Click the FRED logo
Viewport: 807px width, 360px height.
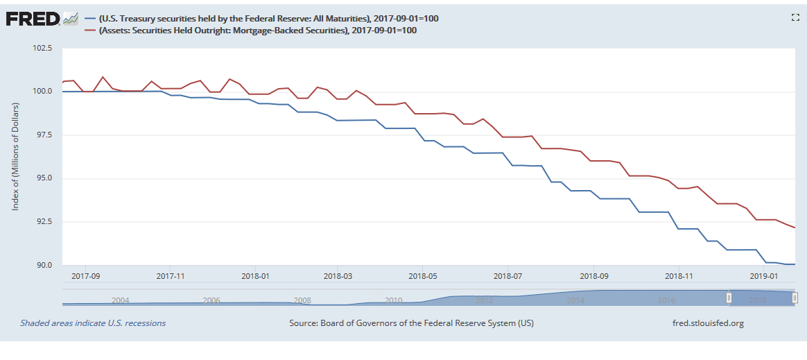click(x=33, y=19)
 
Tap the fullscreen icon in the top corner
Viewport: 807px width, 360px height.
click(x=795, y=17)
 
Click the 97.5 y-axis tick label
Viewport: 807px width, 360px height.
click(x=44, y=135)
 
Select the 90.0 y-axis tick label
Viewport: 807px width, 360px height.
click(x=44, y=265)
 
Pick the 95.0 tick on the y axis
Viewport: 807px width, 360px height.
click(x=44, y=178)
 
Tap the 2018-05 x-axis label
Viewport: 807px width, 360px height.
click(x=422, y=275)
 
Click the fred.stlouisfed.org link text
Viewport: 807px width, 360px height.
click(x=708, y=323)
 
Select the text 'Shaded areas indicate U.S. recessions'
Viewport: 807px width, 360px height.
click(x=93, y=323)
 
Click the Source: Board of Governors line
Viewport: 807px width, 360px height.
click(x=411, y=323)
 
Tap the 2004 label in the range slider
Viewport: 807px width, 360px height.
click(x=120, y=300)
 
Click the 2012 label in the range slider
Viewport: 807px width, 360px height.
click(x=484, y=300)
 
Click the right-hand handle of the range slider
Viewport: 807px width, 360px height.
click(x=795, y=298)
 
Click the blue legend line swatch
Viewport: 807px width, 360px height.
click(x=89, y=19)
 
